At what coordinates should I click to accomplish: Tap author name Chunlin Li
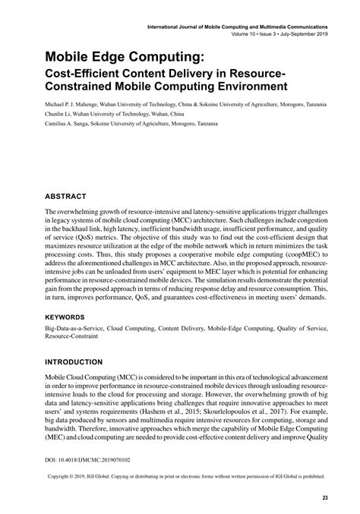[x=60, y=112]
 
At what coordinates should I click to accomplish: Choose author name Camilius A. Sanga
[x=74, y=122]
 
